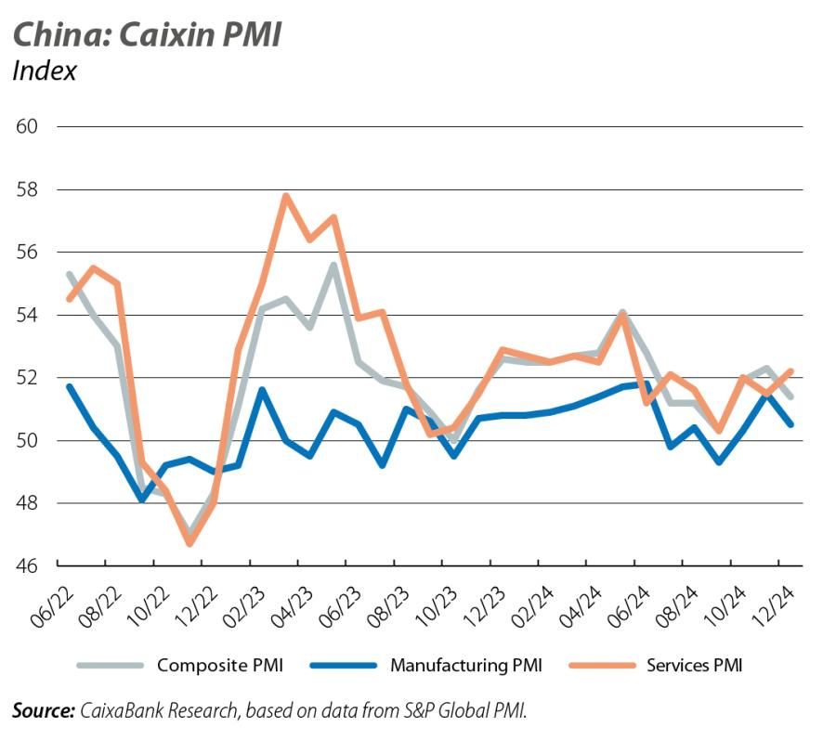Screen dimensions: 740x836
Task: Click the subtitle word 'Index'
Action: coord(44,71)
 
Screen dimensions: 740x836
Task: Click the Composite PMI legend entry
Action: coord(219,665)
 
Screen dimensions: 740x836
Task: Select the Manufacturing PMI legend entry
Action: coord(465,665)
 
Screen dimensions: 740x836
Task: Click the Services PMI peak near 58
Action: coord(286,196)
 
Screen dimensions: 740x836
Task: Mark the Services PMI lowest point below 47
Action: coord(190,543)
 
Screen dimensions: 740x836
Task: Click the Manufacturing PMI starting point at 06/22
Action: coord(70,386)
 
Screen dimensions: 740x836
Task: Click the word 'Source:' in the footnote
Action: coord(43,711)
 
